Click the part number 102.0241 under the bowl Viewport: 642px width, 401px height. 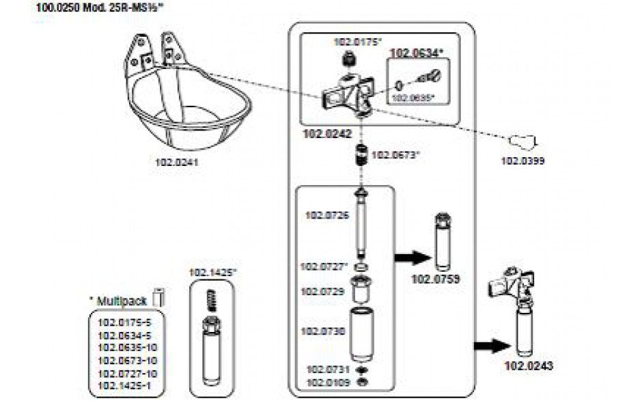pyautogui.click(x=176, y=163)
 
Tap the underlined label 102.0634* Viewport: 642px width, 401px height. pyautogui.click(x=416, y=51)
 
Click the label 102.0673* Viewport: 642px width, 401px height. pyautogui.click(x=395, y=155)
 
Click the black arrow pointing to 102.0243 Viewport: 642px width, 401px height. pyautogui.click(x=490, y=345)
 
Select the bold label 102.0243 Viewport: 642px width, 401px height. pyautogui.click(x=529, y=366)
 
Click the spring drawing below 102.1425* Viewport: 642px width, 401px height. pyautogui.click(x=211, y=299)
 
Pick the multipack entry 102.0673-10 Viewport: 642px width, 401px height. pyautogui.click(x=128, y=360)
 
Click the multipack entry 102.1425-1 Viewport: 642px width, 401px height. pyautogui.click(x=126, y=386)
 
